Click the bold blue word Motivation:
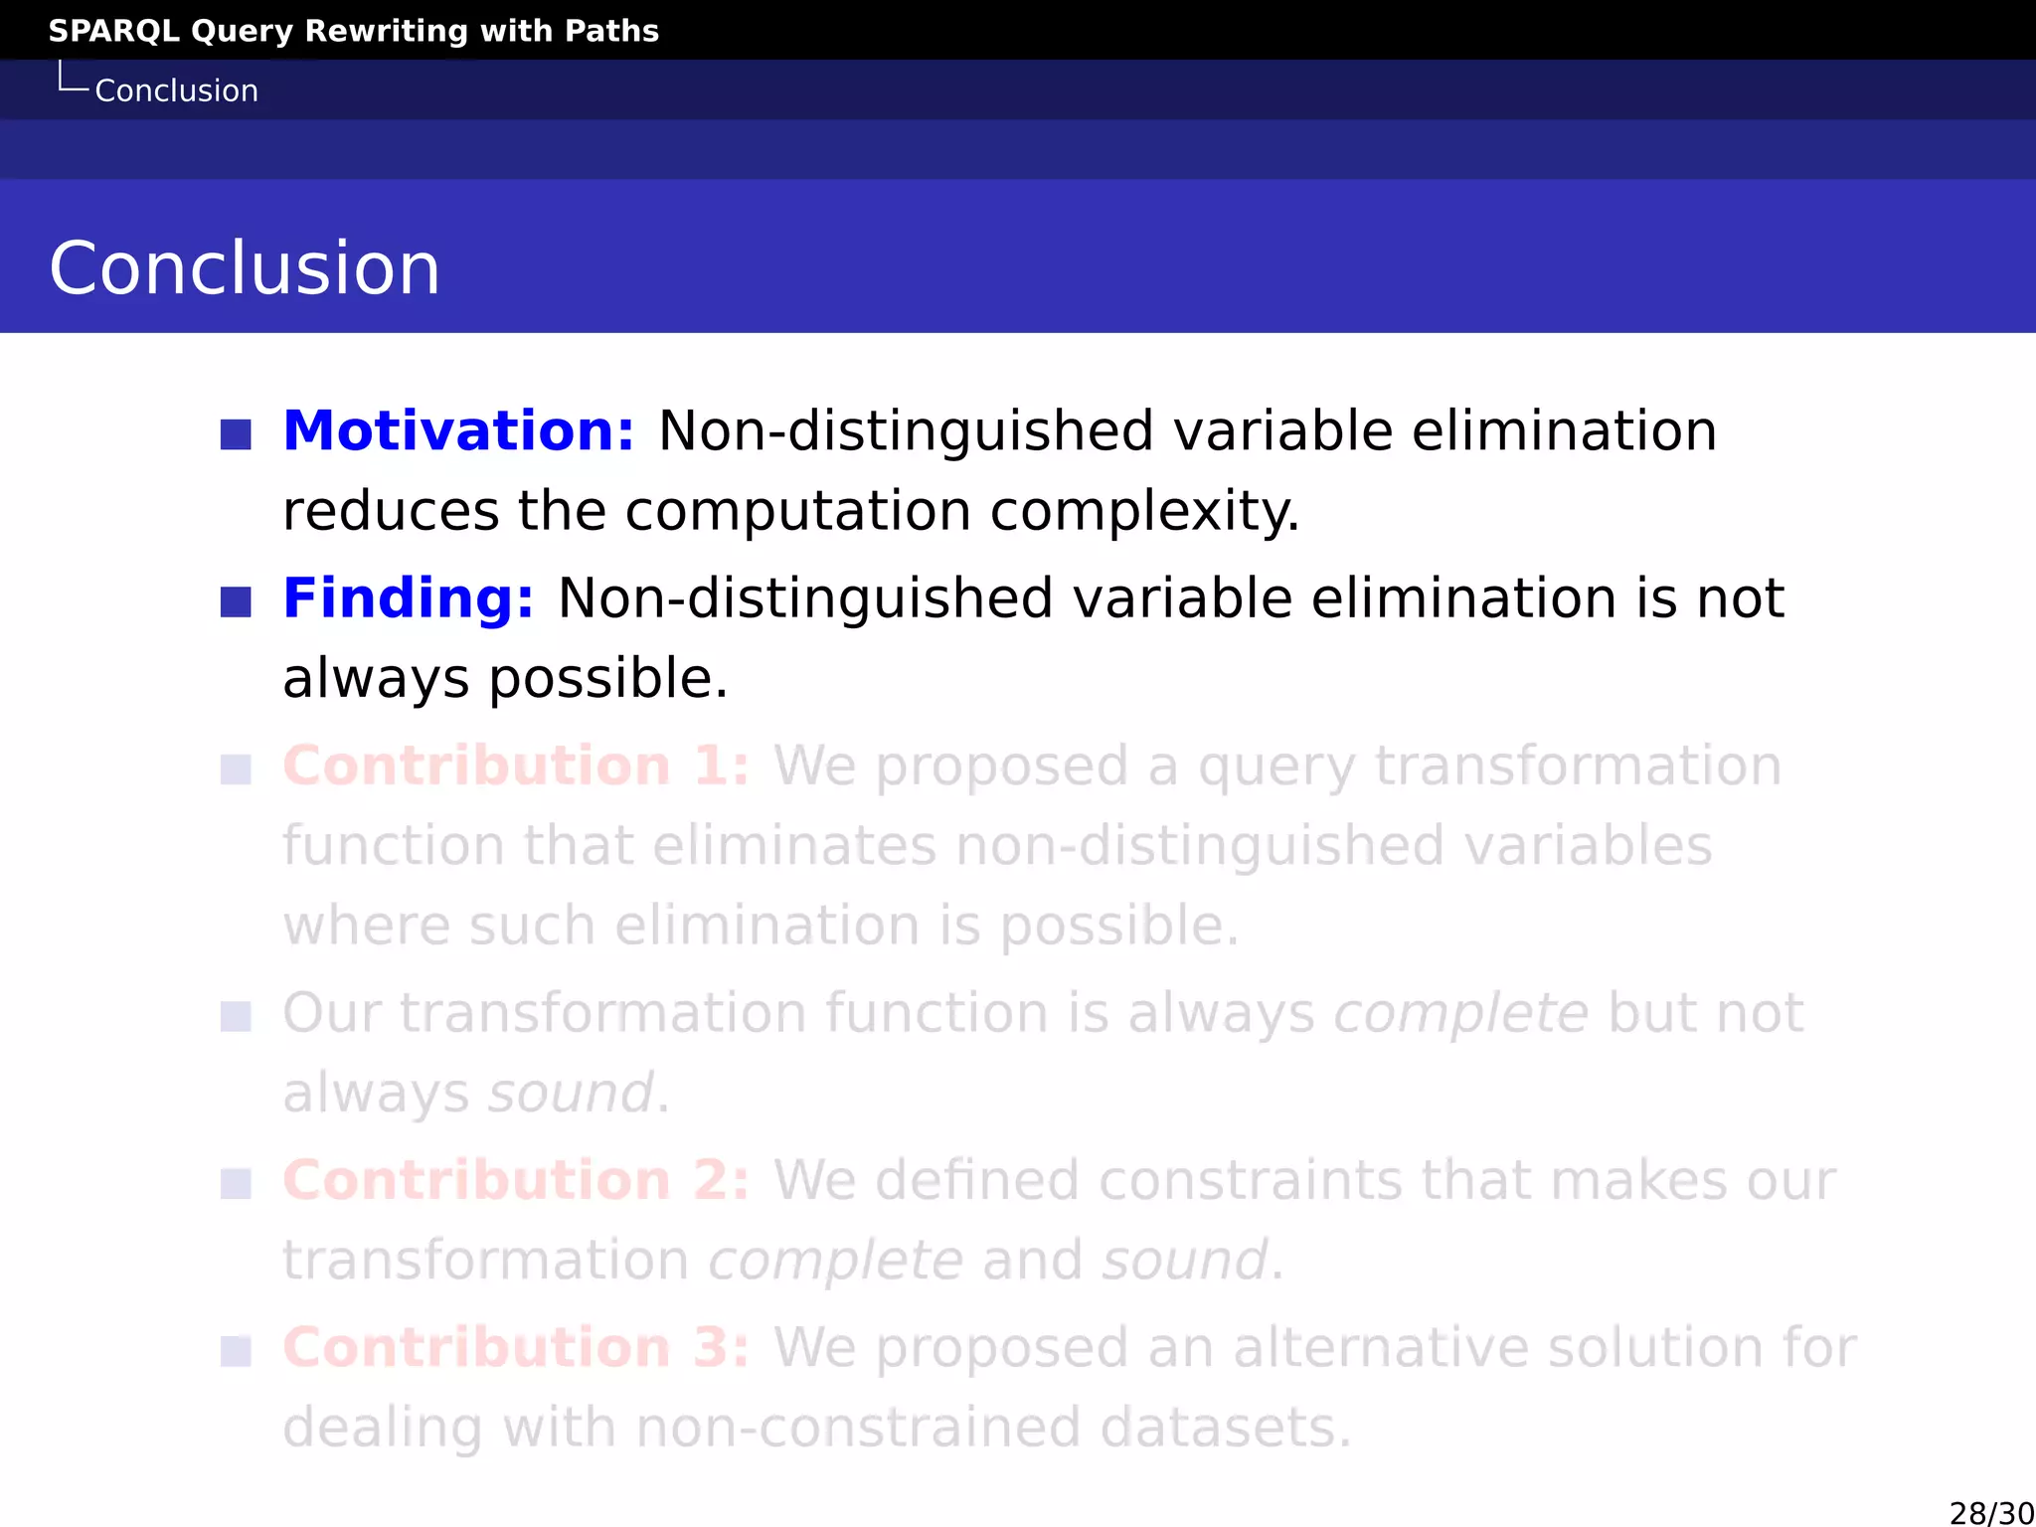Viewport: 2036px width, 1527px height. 458,431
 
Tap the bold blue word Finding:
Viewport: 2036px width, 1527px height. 409,598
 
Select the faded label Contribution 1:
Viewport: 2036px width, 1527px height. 516,766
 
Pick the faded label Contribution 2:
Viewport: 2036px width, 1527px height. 516,1181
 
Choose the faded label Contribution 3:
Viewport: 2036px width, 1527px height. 516,1348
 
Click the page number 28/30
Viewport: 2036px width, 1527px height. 1991,1513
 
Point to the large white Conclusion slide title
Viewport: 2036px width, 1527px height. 245,268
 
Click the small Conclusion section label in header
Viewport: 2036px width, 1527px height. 176,90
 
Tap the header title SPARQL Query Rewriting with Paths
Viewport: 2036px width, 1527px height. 353,31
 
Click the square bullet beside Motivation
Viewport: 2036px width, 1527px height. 236,434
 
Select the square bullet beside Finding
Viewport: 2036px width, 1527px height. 236,601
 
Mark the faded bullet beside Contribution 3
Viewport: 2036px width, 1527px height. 236,1351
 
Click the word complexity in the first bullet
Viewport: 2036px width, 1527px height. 1144,512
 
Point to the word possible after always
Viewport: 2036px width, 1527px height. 608,679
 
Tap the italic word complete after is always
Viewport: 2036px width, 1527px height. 1460,1014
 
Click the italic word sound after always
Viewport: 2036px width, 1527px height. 571,1094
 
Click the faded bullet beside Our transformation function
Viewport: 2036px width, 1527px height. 236,1017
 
